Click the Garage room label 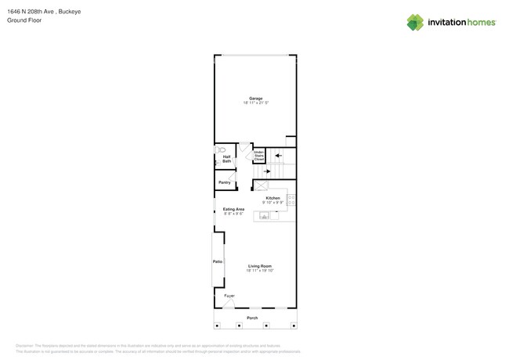click(256, 98)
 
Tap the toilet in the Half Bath click(221, 149)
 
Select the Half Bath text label click(227, 159)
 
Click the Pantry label click(225, 182)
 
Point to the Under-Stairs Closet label click(258, 156)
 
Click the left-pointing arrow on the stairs click(277, 156)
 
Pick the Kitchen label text click(273, 198)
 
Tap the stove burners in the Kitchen click(291, 200)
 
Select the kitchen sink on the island click(265, 215)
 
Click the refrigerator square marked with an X click(262, 185)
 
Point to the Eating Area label click(233, 209)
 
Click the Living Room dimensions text click(260, 271)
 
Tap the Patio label click(218, 261)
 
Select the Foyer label click(229, 296)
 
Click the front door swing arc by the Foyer click(228, 304)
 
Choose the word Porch click(252, 318)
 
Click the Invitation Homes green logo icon click(415, 23)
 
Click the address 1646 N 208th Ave click(31, 12)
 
